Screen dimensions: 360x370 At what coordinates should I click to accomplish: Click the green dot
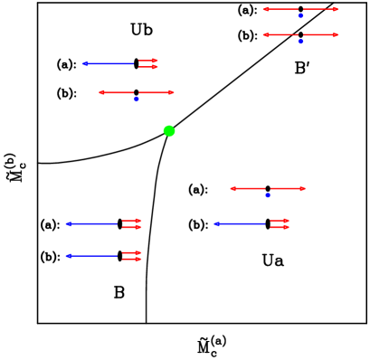pos(169,131)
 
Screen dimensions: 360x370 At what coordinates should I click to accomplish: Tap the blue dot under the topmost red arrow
pos(300,15)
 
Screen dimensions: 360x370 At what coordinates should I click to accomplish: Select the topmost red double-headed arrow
pos(300,9)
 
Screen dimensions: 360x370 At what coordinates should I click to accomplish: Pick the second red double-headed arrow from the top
pos(300,35)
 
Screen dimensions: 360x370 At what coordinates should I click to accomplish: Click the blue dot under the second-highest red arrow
pos(300,42)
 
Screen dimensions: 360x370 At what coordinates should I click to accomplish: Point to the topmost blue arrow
pos(109,63)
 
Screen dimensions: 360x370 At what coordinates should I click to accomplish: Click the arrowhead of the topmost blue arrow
pos(84,63)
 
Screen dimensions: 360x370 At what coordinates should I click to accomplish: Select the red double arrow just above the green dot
pos(136,92)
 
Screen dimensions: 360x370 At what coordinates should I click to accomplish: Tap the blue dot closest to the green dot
pos(137,99)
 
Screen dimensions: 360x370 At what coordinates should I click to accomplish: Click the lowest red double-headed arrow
pos(268,188)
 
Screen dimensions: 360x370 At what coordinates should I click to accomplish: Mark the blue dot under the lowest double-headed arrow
pos(268,194)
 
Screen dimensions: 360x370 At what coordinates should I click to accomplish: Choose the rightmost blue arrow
pos(241,223)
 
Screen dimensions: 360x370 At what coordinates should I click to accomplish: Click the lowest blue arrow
pos(92,256)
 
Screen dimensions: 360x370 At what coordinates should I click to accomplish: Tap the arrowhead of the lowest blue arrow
pos(68,256)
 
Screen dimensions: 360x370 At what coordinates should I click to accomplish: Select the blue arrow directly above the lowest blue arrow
pos(92,223)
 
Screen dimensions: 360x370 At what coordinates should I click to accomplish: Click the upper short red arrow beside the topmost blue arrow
pos(148,61)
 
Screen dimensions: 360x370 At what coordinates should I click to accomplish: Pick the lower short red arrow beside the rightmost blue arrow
pos(280,227)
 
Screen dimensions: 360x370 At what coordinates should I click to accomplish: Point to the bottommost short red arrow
pos(132,260)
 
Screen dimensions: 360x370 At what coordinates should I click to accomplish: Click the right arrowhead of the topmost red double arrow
pos(336,9)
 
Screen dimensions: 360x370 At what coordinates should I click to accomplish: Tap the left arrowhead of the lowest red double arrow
pos(232,188)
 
